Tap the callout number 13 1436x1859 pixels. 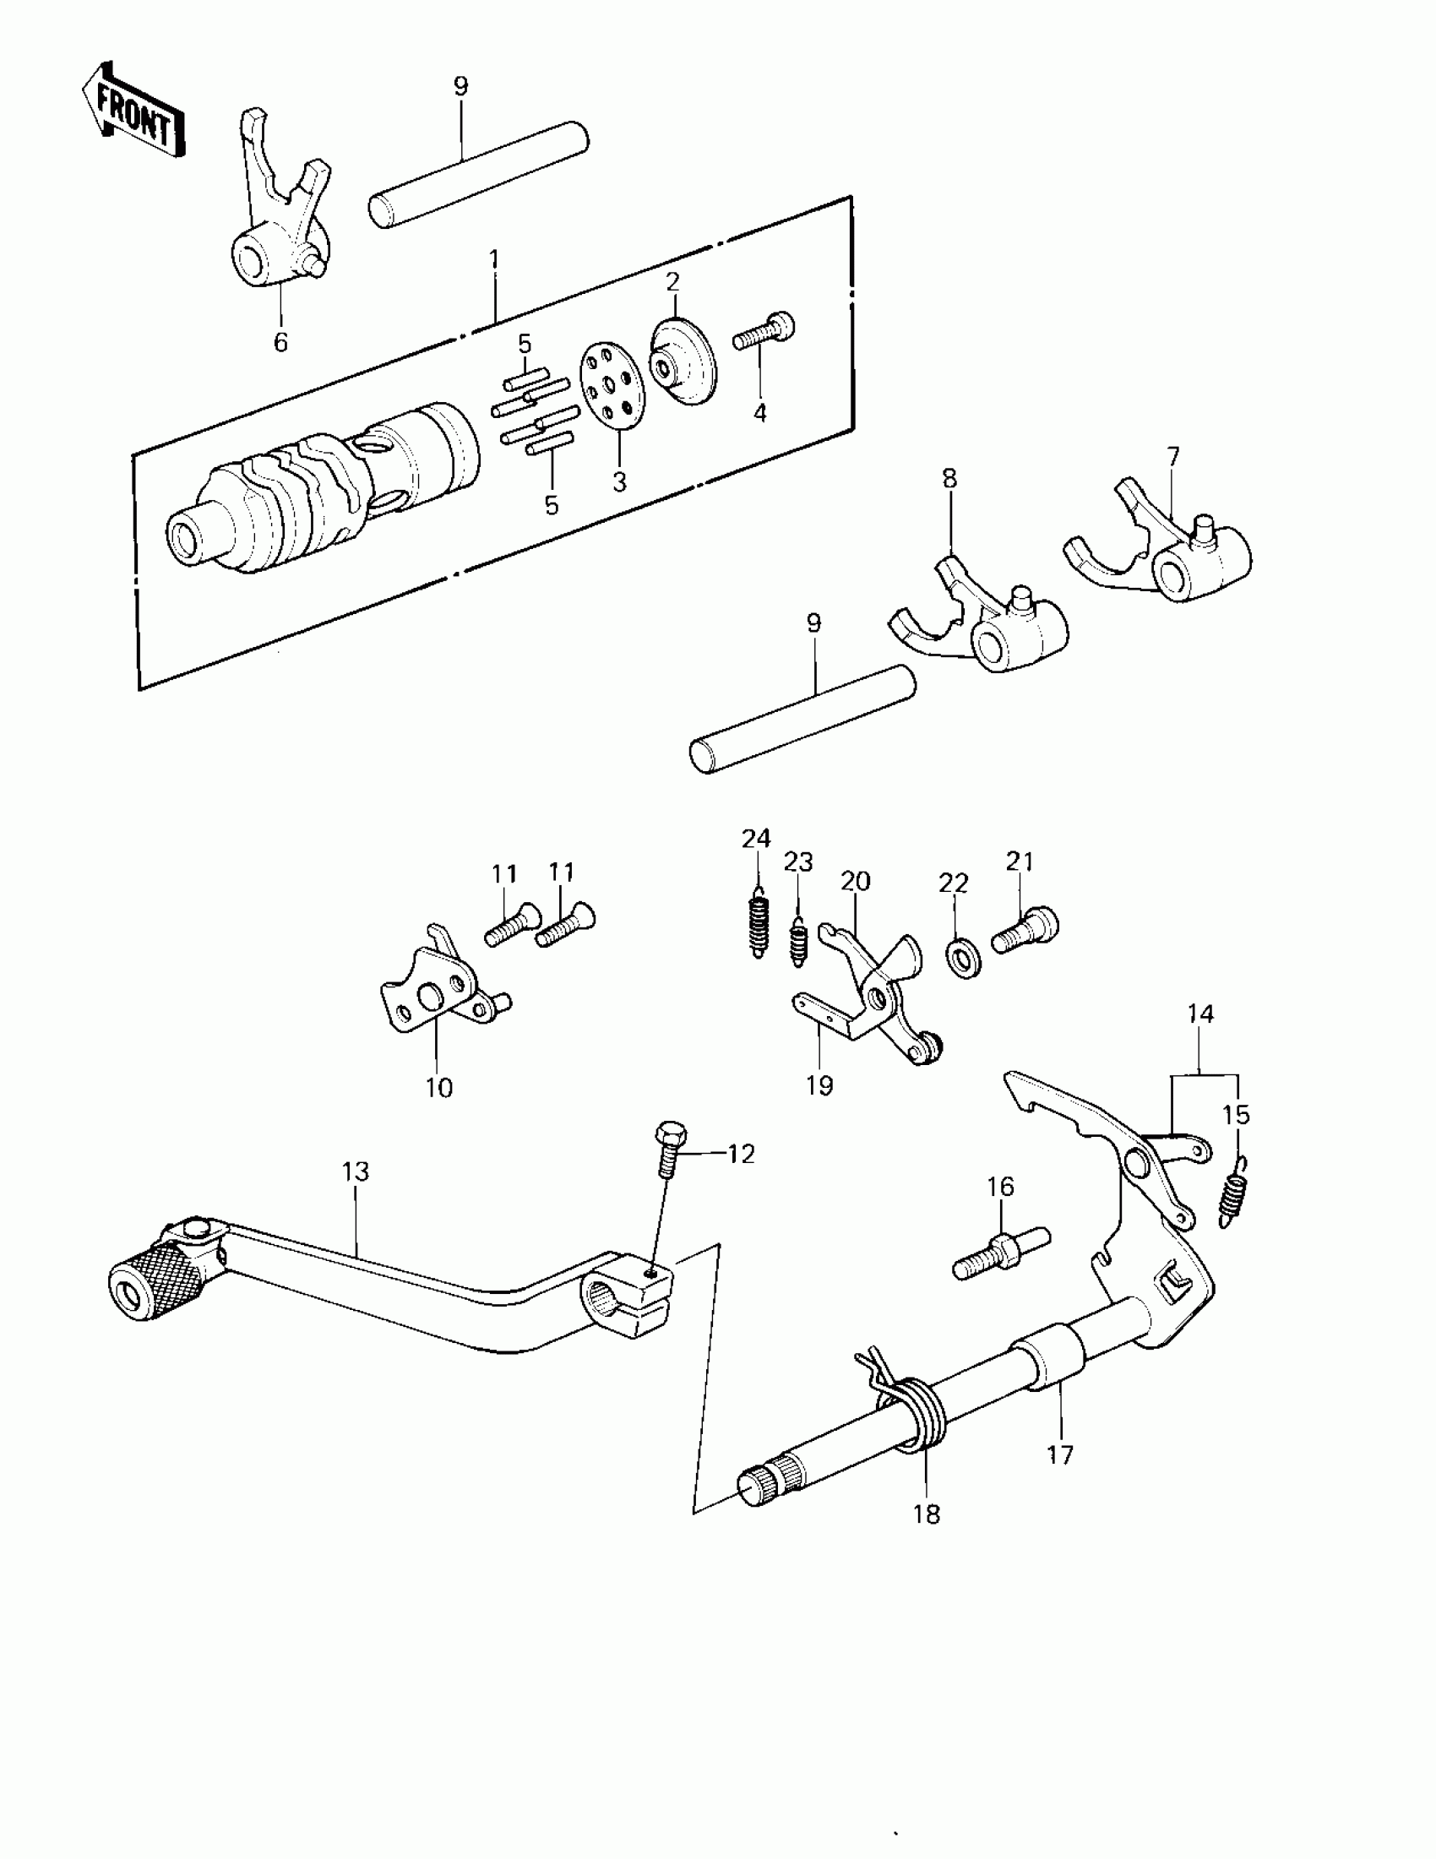click(x=356, y=1172)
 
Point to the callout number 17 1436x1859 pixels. click(x=1061, y=1454)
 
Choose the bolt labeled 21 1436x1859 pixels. click(x=1025, y=935)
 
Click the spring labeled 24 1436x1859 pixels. click(x=759, y=923)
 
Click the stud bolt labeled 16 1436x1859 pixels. click(x=1001, y=1253)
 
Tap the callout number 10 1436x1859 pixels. click(x=439, y=1088)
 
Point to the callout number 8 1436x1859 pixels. click(x=949, y=478)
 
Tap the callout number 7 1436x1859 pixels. click(x=1173, y=457)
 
